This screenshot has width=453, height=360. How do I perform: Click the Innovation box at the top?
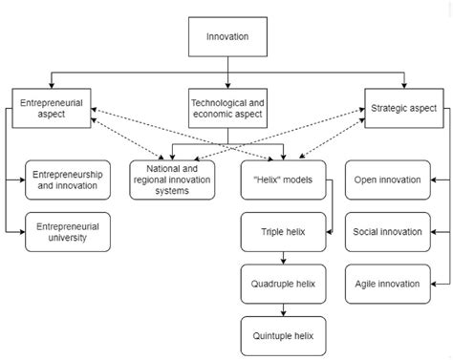226,37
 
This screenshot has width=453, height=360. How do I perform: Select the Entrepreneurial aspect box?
51,106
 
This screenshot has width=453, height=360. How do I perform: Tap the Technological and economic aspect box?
226,106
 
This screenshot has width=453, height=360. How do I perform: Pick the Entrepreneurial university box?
65,231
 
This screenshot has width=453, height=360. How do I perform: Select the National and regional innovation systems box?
173,179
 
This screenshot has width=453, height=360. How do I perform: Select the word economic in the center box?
213,113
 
